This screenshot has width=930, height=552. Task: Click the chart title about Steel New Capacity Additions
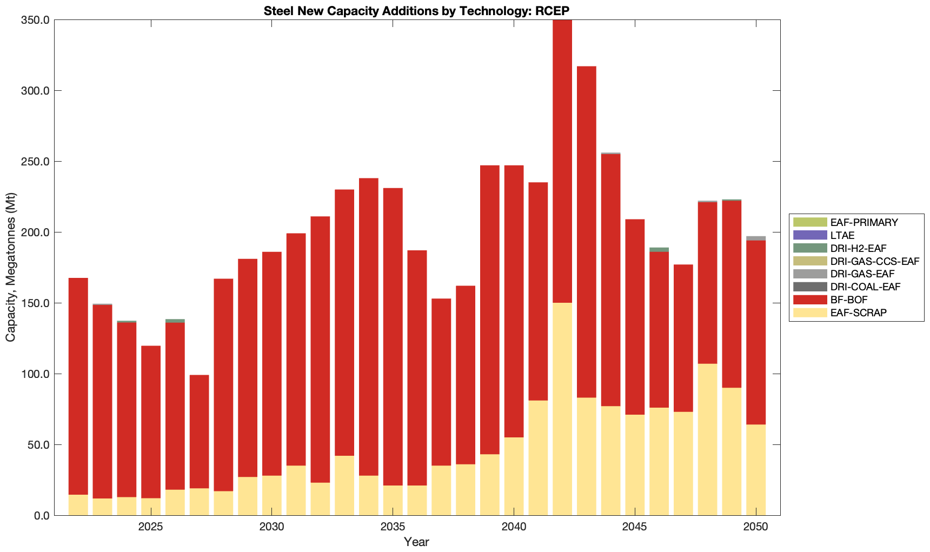click(416, 11)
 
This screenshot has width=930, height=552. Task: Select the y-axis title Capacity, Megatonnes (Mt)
click(10, 267)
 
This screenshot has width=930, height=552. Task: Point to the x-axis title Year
click(416, 542)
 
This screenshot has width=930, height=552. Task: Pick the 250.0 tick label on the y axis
click(35, 162)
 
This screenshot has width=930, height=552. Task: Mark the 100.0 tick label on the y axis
click(35, 374)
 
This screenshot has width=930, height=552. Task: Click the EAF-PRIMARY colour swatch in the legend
click(810, 222)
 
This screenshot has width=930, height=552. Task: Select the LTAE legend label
click(842, 235)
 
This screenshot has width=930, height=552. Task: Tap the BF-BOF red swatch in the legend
click(810, 300)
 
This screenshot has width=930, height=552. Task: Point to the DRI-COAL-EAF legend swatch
click(810, 287)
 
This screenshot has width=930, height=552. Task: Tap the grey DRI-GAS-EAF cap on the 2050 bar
click(756, 238)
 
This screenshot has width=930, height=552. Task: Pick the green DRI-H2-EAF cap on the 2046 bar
click(659, 250)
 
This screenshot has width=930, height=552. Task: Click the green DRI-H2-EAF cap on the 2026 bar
click(175, 321)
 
